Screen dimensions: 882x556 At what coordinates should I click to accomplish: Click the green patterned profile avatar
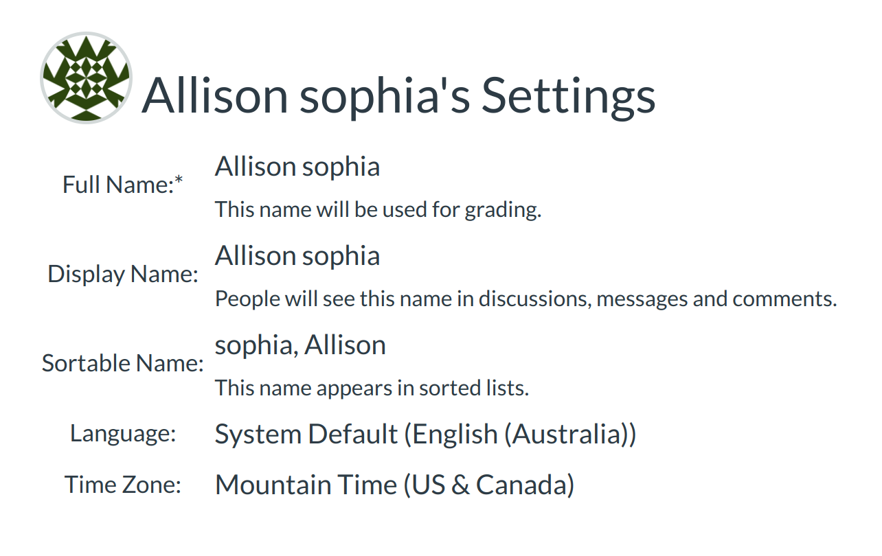(87, 78)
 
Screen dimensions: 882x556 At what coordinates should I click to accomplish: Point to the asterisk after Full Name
(179, 179)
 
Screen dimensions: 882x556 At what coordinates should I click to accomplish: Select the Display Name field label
(123, 274)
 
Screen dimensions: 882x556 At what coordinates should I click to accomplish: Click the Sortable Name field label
(123, 363)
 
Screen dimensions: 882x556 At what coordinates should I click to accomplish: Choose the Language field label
(123, 435)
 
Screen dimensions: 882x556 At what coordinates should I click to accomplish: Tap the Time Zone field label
(123, 485)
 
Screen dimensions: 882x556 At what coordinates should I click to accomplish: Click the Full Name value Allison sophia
(297, 167)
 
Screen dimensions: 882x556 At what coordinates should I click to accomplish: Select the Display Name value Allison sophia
(297, 257)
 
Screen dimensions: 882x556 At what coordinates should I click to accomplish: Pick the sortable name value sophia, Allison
(300, 345)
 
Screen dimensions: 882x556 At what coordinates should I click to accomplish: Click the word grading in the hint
(503, 210)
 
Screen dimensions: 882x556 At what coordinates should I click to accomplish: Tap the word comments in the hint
(784, 299)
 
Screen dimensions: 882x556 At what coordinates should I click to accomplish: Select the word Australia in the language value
(567, 435)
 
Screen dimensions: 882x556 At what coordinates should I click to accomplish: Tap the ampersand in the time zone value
(460, 485)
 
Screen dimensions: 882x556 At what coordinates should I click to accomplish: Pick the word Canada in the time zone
(520, 485)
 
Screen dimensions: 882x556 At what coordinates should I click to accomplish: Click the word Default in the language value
(352, 435)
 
